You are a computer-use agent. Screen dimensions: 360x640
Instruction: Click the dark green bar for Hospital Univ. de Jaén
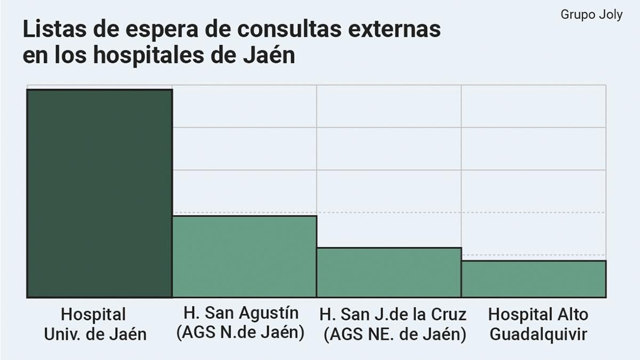point(99,193)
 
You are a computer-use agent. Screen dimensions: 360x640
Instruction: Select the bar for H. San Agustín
point(244,256)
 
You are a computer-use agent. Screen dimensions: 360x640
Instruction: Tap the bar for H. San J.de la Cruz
point(389,272)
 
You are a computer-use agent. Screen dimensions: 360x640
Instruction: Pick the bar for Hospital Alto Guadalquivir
point(534,279)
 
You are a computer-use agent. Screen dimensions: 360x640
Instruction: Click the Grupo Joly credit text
point(591,15)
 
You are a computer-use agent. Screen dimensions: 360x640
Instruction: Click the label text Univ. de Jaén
point(95,334)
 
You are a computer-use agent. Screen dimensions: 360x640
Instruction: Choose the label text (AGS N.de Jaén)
point(240,332)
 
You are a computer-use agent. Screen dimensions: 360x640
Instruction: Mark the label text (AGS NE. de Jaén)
point(395,334)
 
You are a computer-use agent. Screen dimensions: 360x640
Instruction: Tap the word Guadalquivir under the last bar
point(538,334)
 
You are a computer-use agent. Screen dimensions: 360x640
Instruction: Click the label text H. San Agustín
point(241,313)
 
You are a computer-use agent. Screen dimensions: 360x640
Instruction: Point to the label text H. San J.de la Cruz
point(393,314)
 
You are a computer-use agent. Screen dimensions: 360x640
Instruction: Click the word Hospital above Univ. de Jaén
point(93,314)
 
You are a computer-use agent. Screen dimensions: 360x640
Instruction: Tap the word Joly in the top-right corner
point(610,15)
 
